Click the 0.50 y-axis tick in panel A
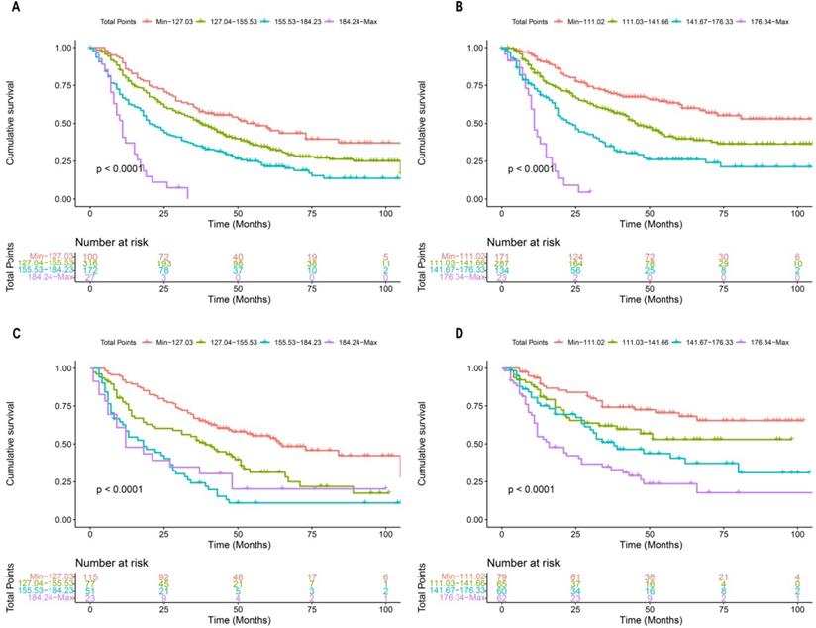click(63, 123)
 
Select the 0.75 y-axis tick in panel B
click(476, 85)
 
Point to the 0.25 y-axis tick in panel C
click(63, 482)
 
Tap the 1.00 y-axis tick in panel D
click(476, 368)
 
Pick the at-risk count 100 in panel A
click(90, 256)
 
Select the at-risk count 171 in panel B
click(502, 256)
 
